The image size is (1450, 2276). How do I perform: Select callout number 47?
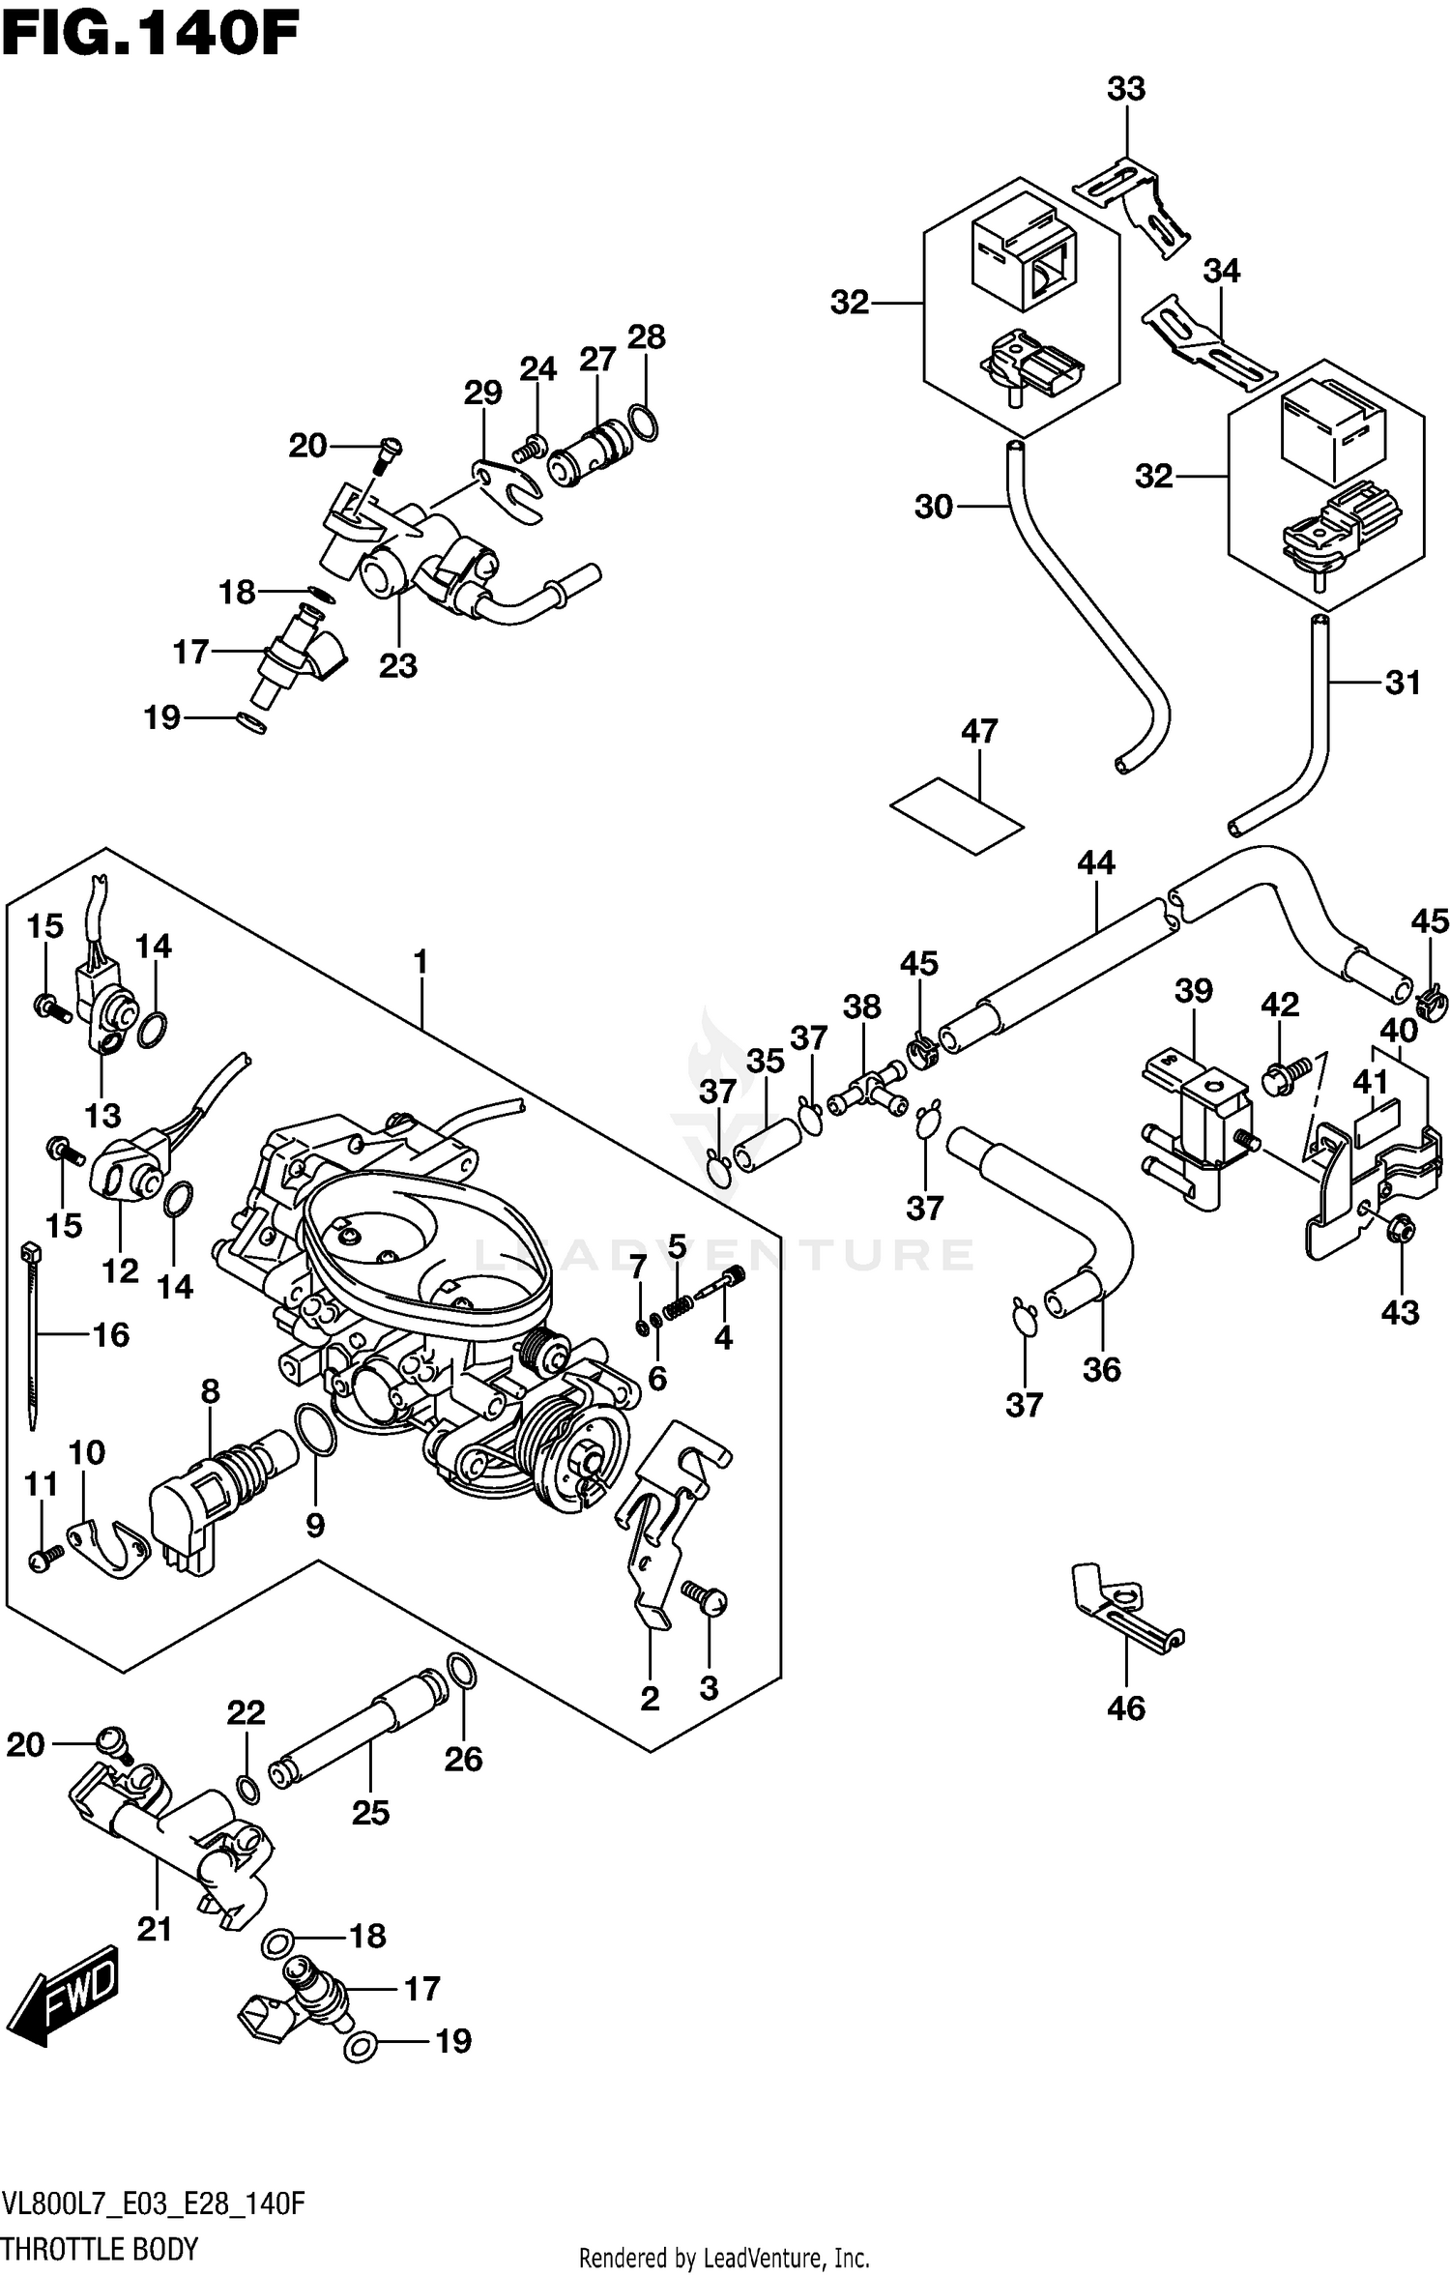[x=978, y=731]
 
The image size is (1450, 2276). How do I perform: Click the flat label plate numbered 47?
[x=956, y=816]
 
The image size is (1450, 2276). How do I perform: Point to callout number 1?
[x=420, y=961]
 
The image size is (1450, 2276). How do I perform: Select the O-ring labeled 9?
[x=313, y=1429]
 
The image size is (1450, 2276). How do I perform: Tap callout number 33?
[x=1126, y=89]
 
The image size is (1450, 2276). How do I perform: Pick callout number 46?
[x=1126, y=1707]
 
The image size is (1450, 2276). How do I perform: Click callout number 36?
[x=1101, y=1369]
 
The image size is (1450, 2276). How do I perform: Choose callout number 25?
[x=370, y=1812]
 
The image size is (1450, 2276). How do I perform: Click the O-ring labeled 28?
[x=645, y=422]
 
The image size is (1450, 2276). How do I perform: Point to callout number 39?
[x=1194, y=990]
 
